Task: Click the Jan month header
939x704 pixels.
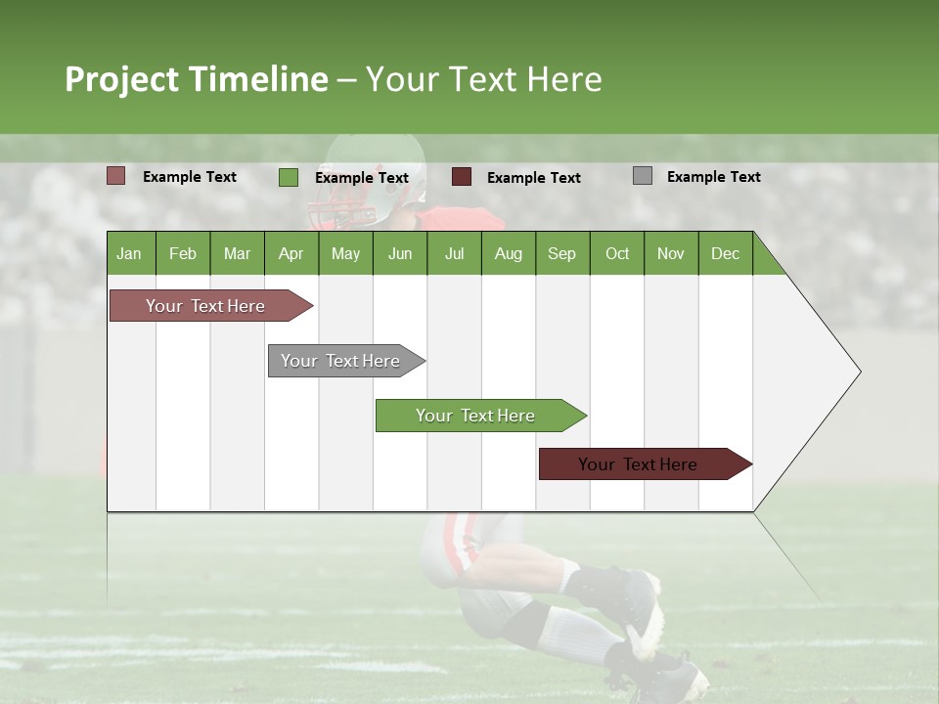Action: [129, 253]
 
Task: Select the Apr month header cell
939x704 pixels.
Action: [291, 253]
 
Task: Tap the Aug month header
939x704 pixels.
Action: [508, 253]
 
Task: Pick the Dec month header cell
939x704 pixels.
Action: [725, 253]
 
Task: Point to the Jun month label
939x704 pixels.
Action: [399, 253]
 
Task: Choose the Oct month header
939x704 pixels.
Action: [616, 253]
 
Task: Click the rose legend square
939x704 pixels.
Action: [115, 176]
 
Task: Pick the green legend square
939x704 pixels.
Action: [288, 177]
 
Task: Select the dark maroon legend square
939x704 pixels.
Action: [461, 177]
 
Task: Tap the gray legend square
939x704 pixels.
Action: [642, 176]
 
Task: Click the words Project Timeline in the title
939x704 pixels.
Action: [196, 79]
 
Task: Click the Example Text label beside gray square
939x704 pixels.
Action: [713, 177]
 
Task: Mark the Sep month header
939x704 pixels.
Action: [561, 253]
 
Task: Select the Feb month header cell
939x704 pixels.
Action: [182, 253]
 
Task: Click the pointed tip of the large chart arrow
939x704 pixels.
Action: [858, 372]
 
